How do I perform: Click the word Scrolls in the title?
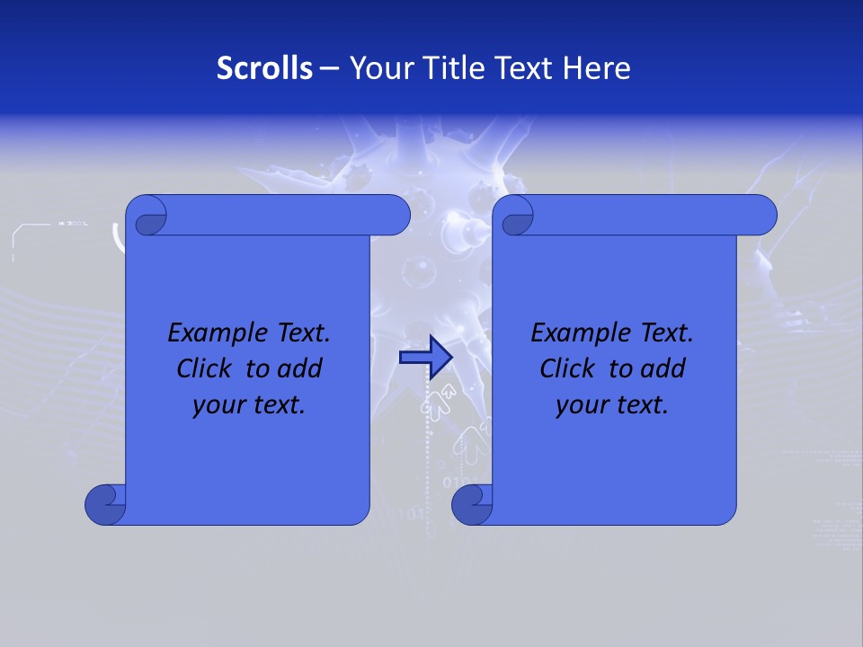point(265,68)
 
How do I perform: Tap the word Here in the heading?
point(597,68)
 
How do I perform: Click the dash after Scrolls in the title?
point(329,69)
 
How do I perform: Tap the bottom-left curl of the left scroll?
point(104,503)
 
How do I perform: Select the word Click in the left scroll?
point(204,368)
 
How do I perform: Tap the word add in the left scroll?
point(301,368)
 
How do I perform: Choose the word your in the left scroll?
point(218,405)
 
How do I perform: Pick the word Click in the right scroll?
point(567,368)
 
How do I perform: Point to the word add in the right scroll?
point(664,368)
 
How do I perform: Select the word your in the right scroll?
point(581,405)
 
